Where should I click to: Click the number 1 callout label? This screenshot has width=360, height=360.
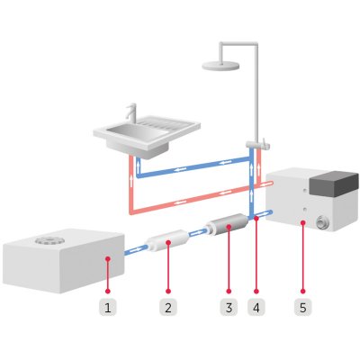(108, 307)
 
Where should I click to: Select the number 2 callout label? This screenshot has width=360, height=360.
(167, 307)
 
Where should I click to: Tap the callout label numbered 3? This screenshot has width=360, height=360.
(227, 307)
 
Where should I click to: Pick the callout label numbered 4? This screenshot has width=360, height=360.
(256, 307)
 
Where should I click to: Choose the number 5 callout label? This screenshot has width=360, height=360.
(303, 307)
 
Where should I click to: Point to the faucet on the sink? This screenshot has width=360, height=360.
(131, 115)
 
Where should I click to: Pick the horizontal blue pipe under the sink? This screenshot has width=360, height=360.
(193, 166)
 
